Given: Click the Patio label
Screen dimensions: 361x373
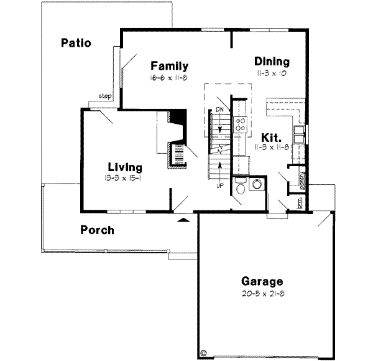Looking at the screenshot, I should point(76,43).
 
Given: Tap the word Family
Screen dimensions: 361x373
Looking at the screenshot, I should point(169,66).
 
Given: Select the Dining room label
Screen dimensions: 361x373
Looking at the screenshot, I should point(272,62).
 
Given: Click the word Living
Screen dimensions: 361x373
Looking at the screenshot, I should point(125,167).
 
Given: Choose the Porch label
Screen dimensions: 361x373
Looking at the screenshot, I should point(98,230).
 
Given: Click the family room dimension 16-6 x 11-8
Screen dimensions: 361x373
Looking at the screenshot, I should point(168,77).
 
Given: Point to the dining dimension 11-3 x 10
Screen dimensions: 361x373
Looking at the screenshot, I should point(272,73).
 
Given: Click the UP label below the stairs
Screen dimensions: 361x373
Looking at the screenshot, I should point(219,185).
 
